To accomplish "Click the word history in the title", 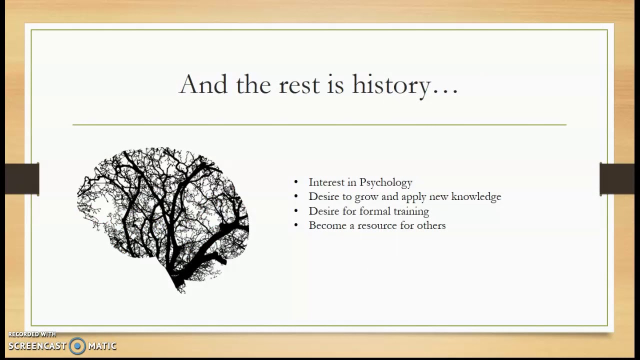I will click(391, 85).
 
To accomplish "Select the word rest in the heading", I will click(298, 85).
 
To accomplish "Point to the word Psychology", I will click(385, 183).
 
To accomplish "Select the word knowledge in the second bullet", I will click(476, 196).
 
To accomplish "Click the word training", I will click(410, 211).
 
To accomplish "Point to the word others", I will click(431, 225).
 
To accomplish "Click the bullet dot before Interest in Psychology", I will click(296, 182).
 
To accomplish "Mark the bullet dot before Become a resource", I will click(296, 225).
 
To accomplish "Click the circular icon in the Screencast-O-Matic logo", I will click(77, 345).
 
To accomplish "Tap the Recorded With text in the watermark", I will click(32, 334).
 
